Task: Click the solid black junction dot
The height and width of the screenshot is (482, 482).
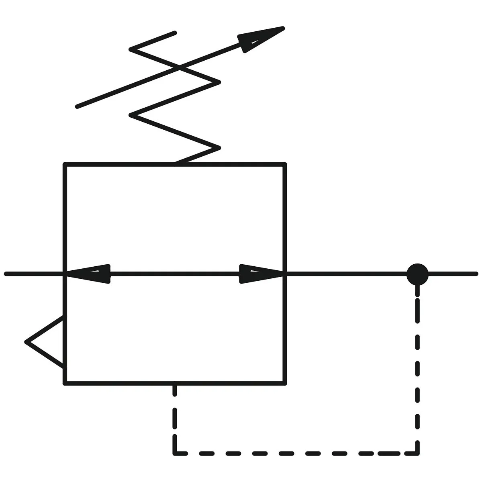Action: (418, 274)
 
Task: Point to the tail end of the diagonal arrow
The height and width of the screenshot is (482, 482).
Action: (77, 107)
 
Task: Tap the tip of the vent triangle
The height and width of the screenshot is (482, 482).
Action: (27, 342)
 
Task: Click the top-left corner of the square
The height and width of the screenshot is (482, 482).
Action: (65, 164)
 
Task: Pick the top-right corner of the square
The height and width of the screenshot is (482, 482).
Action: (285, 164)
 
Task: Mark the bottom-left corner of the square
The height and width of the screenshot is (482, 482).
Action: (65, 384)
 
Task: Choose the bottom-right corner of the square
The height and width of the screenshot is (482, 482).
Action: (285, 384)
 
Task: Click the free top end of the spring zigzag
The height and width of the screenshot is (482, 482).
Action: (175, 33)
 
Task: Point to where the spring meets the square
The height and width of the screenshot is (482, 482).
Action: (175, 164)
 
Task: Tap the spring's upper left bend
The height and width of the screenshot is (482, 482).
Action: (131, 49)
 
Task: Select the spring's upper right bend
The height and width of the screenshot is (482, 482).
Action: (219, 82)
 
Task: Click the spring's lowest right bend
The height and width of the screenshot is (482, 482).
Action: (219, 148)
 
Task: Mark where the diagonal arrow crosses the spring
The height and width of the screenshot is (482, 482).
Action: (179, 68)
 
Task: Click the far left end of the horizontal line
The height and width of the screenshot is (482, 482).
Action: (6, 274)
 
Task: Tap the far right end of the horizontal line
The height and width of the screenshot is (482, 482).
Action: (476, 274)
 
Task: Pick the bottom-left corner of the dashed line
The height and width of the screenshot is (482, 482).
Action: (175, 453)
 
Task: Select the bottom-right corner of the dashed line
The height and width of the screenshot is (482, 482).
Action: (418, 453)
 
